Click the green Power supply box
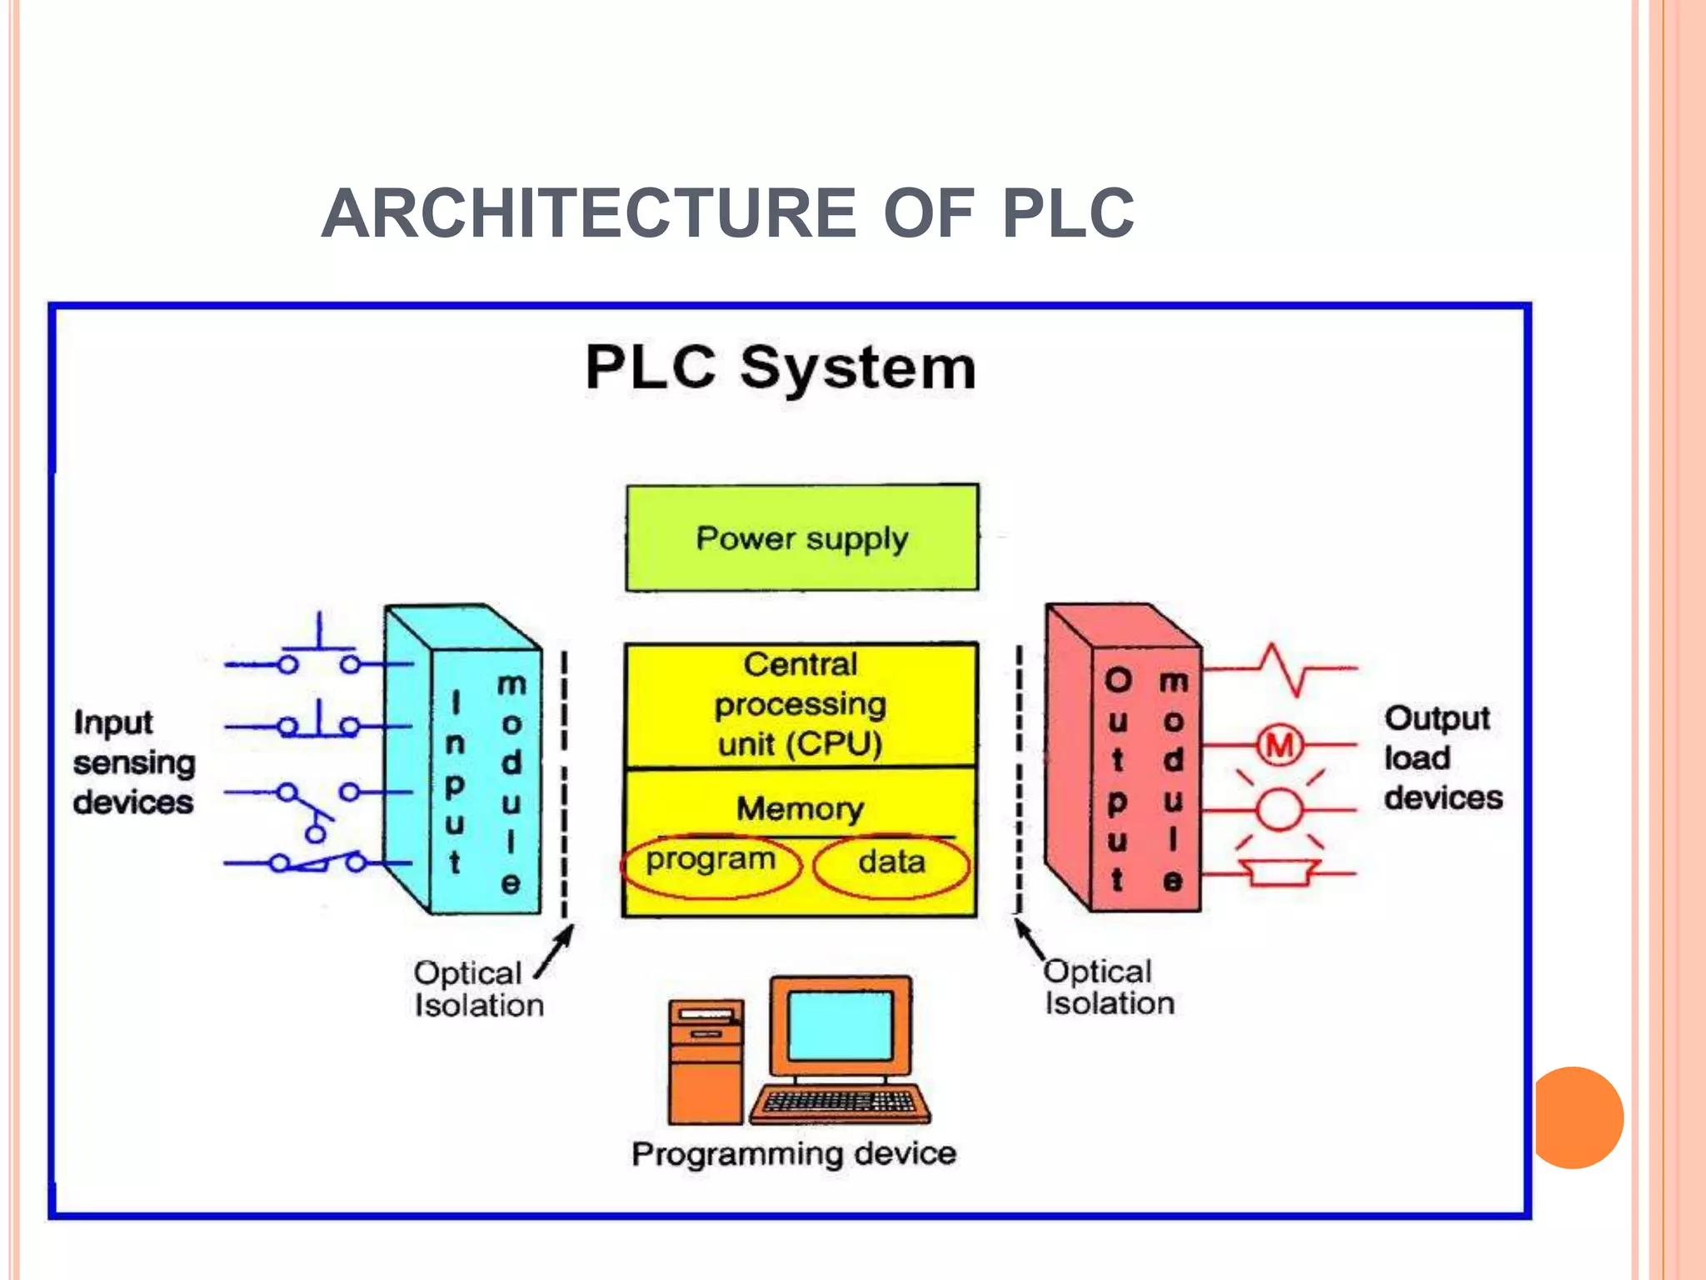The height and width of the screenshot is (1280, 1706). (801, 538)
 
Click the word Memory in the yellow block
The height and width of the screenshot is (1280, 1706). (800, 808)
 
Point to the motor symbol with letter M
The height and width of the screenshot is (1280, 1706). (1279, 745)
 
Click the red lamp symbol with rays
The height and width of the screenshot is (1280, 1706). (1279, 809)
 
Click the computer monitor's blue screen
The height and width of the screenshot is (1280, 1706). (840, 1026)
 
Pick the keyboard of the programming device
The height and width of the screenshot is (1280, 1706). (840, 1102)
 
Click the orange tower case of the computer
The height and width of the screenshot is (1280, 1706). (706, 1062)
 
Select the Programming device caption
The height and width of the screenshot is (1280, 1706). (794, 1154)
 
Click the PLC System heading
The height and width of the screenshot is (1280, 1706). (781, 367)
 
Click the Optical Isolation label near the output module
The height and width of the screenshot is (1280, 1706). (1108, 987)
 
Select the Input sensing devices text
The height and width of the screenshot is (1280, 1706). (133, 762)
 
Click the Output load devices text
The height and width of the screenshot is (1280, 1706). (1442, 757)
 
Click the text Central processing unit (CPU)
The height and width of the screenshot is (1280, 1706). (800, 705)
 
